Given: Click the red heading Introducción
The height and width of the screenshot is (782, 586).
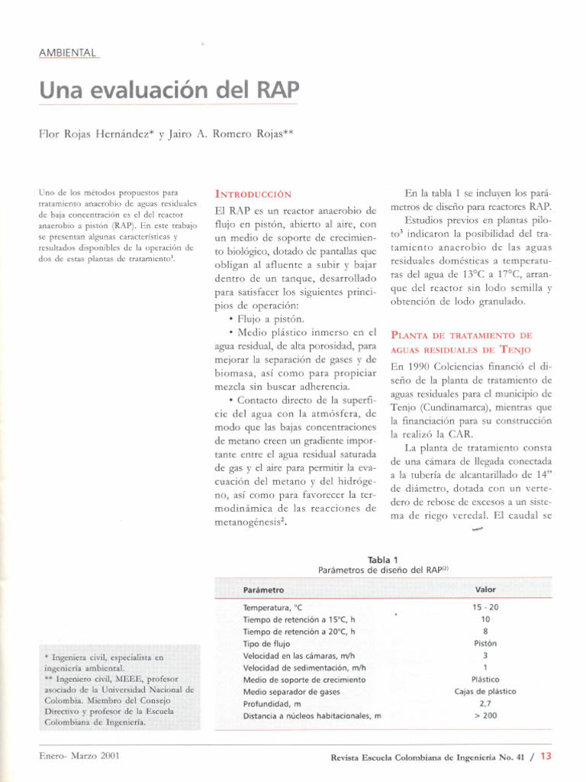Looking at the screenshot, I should [253, 194].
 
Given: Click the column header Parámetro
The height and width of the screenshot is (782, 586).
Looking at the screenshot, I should [263, 590].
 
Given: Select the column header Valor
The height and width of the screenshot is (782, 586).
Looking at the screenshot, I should [485, 590].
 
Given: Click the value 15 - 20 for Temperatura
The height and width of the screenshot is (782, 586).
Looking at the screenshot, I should [485, 607].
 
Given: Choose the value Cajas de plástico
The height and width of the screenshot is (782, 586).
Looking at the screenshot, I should [485, 691].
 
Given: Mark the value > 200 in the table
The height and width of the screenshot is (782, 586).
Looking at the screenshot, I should [485, 716].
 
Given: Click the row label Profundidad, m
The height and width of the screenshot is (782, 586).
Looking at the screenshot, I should [272, 703].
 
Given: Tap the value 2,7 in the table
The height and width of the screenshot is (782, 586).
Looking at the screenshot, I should [485, 703].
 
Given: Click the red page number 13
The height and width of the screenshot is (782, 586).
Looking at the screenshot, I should [545, 757].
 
